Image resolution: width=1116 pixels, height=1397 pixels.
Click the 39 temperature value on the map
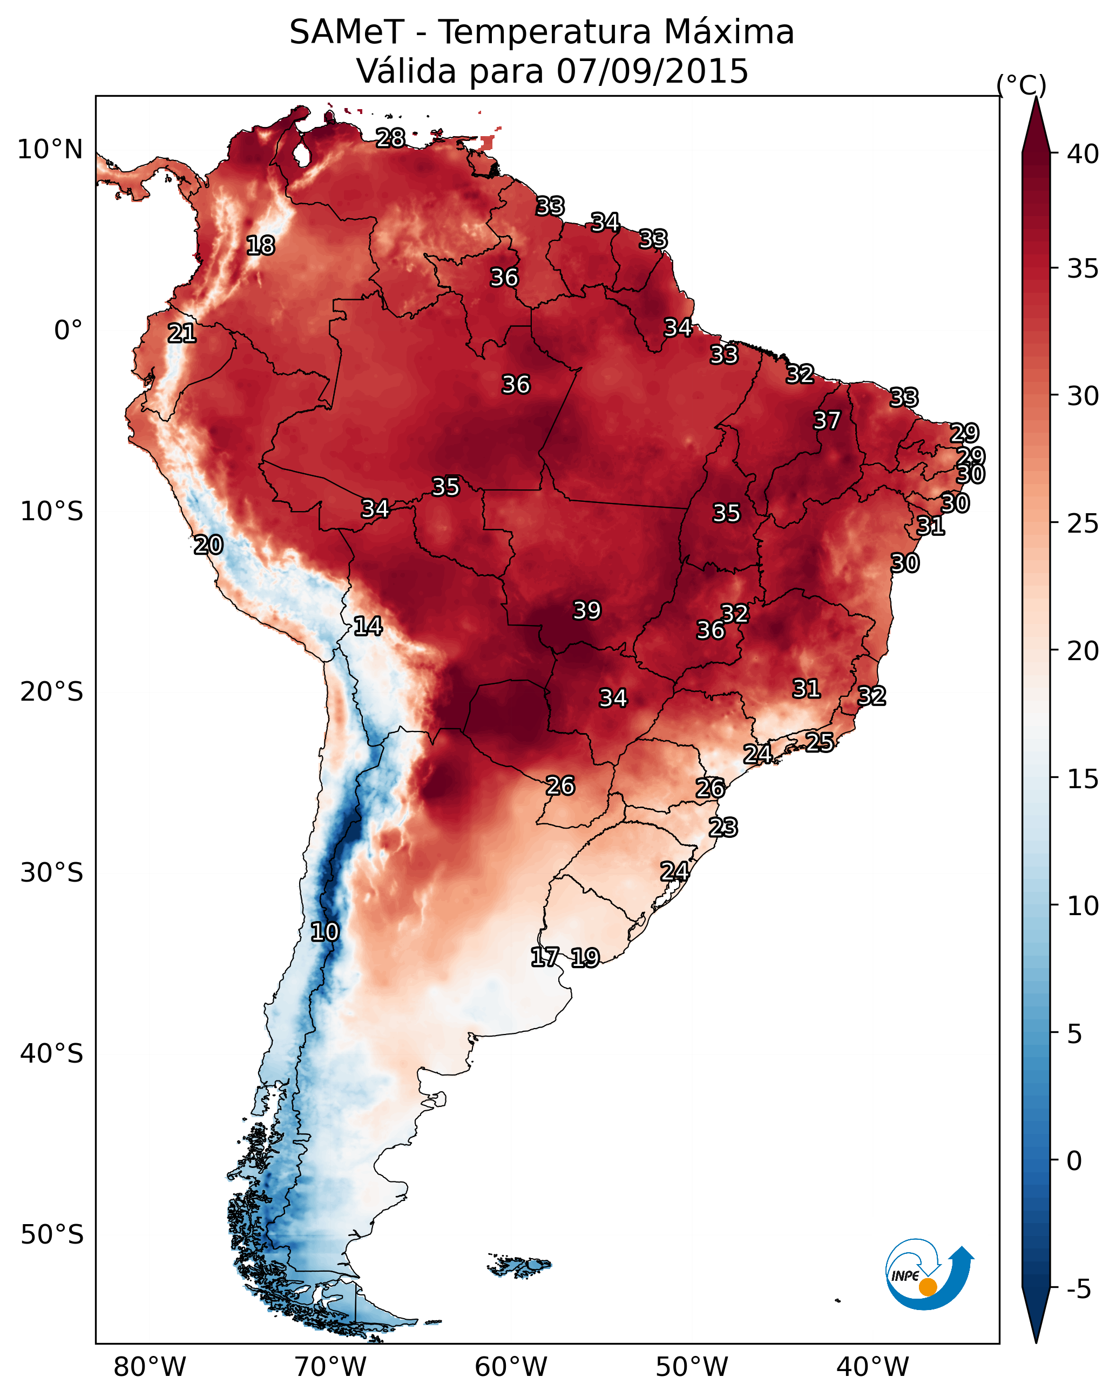click(x=587, y=610)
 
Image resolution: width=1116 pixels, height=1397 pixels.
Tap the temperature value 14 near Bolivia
click(x=368, y=626)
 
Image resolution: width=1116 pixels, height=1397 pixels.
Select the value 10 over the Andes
click(x=324, y=932)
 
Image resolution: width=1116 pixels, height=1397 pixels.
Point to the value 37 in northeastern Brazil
click(x=827, y=420)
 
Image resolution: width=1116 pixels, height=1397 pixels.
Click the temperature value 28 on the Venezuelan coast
click(x=390, y=138)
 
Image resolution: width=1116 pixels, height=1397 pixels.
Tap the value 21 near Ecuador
click(x=182, y=334)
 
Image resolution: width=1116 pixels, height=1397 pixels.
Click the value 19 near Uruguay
click(x=585, y=958)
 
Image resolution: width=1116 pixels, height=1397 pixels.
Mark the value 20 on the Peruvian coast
click(x=208, y=545)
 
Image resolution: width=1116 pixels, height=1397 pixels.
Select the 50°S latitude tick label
click(x=52, y=1235)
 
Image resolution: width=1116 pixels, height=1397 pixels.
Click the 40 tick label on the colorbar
click(x=1083, y=154)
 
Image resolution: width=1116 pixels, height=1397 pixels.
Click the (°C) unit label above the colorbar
click(x=1022, y=85)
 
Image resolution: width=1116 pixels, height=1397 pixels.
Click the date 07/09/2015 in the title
click(x=652, y=71)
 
